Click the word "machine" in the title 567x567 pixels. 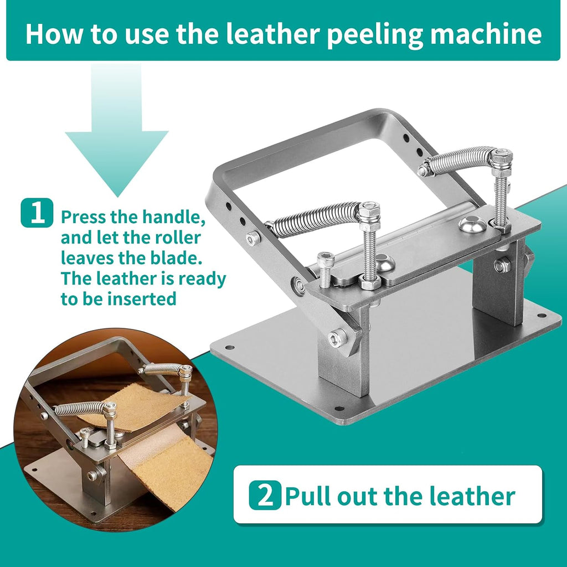pyautogui.click(x=486, y=34)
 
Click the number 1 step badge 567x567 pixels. pyautogui.click(x=37, y=213)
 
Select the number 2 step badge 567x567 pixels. pyautogui.click(x=265, y=495)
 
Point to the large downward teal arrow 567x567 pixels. pyautogui.click(x=116, y=137)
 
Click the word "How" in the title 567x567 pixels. pyautogui.click(x=54, y=34)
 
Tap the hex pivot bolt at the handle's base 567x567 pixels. pyautogui.click(x=337, y=338)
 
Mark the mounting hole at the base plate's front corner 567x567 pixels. pyautogui.click(x=339, y=408)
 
